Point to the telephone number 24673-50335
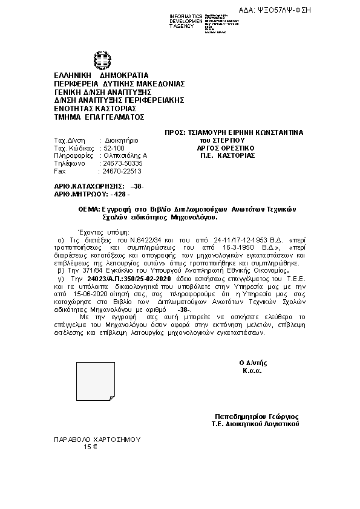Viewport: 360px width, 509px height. (123, 163)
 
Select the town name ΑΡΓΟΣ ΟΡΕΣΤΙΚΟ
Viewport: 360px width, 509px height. (226, 148)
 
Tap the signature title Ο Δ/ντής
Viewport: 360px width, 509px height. (253, 363)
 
